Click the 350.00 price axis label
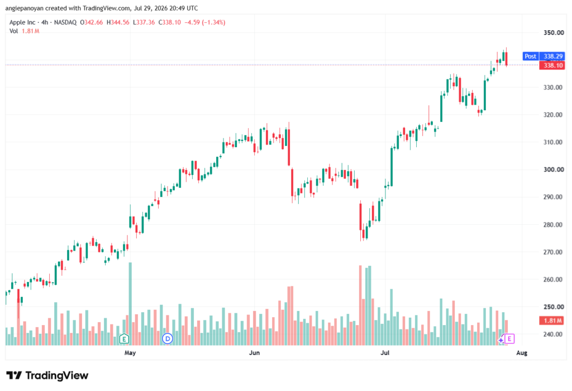[553, 32]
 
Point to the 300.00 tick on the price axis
[553, 169]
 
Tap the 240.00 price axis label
[553, 334]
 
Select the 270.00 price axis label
[553, 252]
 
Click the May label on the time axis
[130, 352]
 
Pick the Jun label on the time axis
[254, 352]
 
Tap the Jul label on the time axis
[385, 352]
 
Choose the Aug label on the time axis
[522, 352]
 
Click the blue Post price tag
[531, 56]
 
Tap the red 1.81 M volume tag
[552, 321]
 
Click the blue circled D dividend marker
[168, 339]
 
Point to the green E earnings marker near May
[124, 339]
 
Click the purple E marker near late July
[509, 339]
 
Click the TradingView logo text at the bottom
[57, 376]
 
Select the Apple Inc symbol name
[22, 22]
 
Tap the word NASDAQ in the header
[65, 22]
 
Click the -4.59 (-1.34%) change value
[204, 22]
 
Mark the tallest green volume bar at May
[130, 304]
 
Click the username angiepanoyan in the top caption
[24, 8]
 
